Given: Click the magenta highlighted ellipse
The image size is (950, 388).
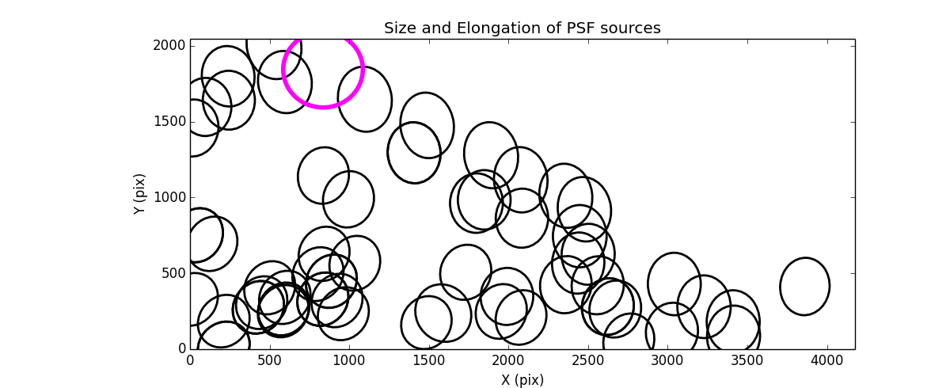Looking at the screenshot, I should point(323,70).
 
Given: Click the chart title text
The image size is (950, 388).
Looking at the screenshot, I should point(522,29).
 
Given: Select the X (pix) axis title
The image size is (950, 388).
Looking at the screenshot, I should point(522,380).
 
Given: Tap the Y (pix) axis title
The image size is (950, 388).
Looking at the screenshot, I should point(140,194).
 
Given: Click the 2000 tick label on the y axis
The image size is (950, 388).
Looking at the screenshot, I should point(169,46).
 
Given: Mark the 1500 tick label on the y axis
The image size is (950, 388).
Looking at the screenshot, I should point(169,122).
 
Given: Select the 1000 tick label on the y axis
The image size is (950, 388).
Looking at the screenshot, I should point(169,198).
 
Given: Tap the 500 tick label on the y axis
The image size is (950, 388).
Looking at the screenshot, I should point(173,273).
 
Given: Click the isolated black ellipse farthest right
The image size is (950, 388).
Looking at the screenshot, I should point(804,286).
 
